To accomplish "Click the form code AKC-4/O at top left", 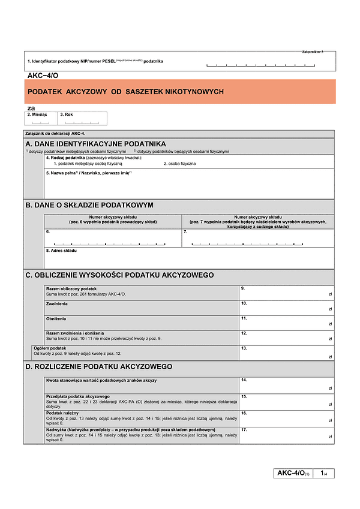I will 43,76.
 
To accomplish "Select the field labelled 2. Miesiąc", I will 41,119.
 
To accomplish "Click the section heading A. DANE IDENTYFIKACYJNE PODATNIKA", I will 95,144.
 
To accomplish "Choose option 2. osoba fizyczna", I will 179,163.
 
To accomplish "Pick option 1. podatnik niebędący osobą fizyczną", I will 88,163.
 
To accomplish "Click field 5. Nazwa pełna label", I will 88,173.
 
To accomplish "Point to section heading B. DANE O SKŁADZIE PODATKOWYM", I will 89,204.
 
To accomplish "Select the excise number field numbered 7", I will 257,239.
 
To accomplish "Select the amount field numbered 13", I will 286,353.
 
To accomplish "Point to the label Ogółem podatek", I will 50,348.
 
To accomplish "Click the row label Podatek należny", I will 62,413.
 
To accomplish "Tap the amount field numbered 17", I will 286,436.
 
